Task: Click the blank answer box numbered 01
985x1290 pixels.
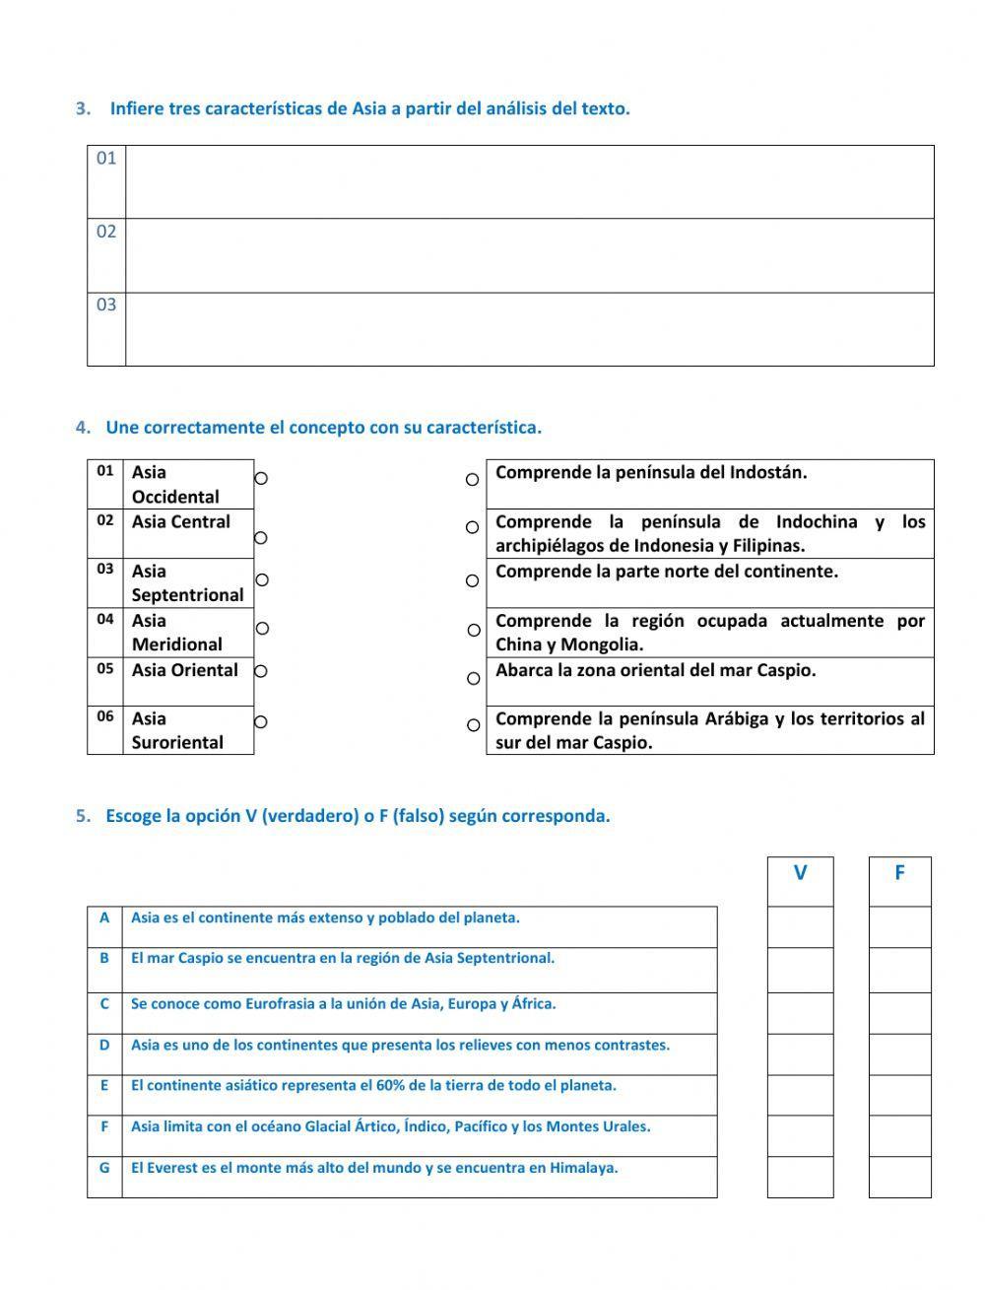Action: [x=529, y=182]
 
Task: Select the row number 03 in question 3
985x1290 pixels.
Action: [x=106, y=305]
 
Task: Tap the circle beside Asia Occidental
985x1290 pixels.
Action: [x=261, y=478]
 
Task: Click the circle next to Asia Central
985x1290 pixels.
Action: [x=261, y=537]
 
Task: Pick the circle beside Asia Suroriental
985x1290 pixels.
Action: [x=261, y=722]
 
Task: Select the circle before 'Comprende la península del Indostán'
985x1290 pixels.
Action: [x=473, y=479]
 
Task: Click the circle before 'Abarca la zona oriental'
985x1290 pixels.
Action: [x=474, y=678]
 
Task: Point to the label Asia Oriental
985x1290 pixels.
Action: [x=185, y=670]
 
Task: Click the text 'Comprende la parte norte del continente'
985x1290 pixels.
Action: [x=667, y=572]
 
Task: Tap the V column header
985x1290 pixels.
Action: [x=800, y=873]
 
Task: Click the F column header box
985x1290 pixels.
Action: [x=899, y=873]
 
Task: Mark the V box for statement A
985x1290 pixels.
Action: [x=800, y=927]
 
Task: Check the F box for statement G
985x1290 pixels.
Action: [x=899, y=1177]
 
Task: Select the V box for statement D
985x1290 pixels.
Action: [x=800, y=1053]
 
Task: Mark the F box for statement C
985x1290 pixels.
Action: [x=899, y=1013]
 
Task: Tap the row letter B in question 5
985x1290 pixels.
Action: [x=104, y=958]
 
